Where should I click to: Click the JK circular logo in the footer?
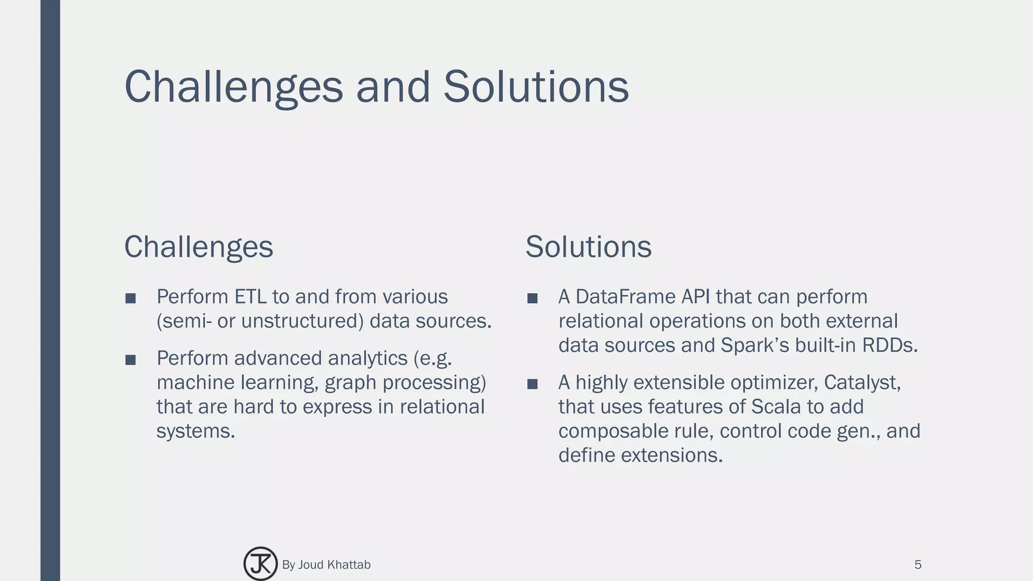260,564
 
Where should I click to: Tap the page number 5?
917,565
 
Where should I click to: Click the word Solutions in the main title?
536,87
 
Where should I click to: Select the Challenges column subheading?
199,247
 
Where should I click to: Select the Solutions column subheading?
588,247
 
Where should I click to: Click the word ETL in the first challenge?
250,297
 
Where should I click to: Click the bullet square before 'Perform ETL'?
131,299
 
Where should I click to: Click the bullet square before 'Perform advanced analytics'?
131,360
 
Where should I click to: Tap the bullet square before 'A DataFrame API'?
532,299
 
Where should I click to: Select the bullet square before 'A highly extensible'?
532,384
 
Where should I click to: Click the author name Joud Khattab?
334,565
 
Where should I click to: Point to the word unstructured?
302,321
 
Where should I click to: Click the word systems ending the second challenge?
195,432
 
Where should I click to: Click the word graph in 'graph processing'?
350,383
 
